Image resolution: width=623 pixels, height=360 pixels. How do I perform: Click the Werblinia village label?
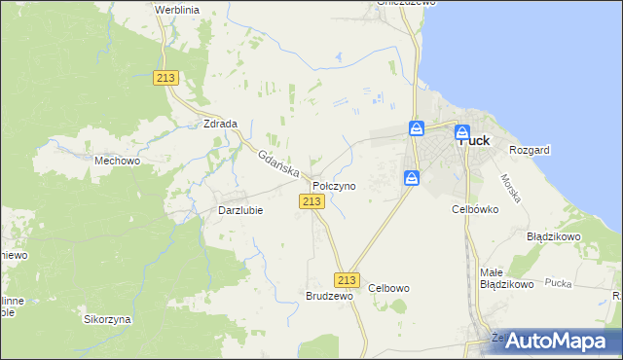coord(176,9)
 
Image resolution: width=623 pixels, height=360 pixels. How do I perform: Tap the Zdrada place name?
coord(222,125)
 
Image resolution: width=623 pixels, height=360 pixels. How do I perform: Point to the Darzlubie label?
coord(240,210)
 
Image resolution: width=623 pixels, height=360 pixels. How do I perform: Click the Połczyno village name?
coord(334,185)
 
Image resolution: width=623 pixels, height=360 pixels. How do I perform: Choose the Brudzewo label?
coord(328,296)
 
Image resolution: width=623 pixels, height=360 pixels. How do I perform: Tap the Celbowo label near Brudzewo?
coord(389,288)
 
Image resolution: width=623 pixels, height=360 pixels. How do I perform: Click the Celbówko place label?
coord(475,208)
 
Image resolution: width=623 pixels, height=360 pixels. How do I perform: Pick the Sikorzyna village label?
coord(107,319)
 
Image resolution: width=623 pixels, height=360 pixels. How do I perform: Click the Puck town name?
coord(473,140)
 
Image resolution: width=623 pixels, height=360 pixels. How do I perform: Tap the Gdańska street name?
coord(278,162)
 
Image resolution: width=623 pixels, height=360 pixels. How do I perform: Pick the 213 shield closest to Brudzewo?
coord(347,278)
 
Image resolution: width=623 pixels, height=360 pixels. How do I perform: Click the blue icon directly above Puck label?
coord(463,131)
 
